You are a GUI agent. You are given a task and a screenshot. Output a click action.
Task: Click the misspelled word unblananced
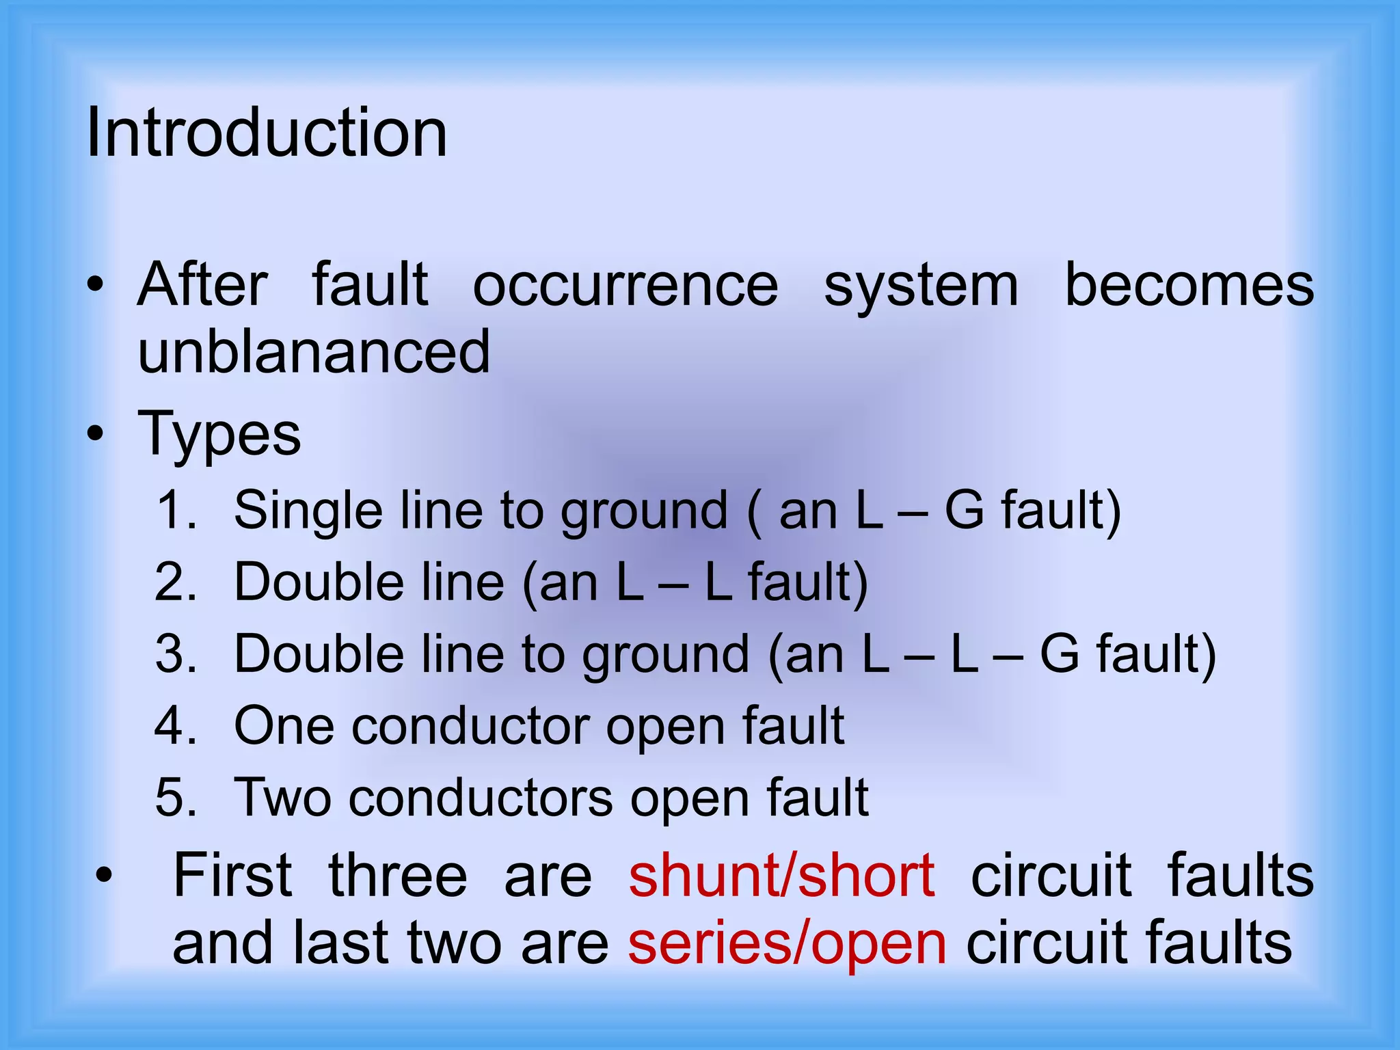tap(314, 351)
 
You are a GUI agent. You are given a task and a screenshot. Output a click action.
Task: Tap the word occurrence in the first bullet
tap(625, 285)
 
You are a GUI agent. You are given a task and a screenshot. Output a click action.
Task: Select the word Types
tap(219, 435)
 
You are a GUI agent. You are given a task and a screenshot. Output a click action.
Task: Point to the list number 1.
tap(175, 510)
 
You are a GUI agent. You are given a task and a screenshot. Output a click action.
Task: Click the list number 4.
tap(175, 725)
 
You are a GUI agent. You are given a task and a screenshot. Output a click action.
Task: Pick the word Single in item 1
tap(308, 511)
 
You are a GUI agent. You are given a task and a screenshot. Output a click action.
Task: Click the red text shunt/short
tap(781, 876)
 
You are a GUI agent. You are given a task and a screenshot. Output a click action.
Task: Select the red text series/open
tap(787, 943)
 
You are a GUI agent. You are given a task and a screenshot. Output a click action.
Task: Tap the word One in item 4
tap(284, 725)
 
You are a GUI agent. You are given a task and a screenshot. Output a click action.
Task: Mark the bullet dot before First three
tap(104, 876)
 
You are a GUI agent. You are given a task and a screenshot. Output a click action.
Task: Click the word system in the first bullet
tap(921, 286)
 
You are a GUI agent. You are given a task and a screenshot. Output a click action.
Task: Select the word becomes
tap(1189, 285)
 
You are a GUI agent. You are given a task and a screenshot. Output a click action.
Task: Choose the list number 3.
tap(175, 654)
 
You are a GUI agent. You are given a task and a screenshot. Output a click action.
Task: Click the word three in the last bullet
tap(398, 876)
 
